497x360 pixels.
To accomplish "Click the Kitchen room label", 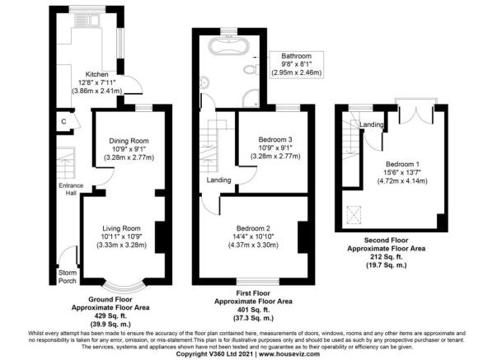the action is click(96, 74).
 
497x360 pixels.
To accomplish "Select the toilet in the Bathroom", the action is click(251, 69).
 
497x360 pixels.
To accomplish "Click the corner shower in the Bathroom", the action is click(251, 97).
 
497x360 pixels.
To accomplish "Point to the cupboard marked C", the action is click(63, 121).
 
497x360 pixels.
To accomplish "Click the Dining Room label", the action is click(129, 141).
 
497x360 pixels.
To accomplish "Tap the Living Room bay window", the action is click(124, 286).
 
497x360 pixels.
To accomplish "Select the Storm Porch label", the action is click(68, 277).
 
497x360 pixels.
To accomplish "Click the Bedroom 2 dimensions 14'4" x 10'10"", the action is click(253, 236).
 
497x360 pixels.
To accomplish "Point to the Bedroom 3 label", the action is click(275, 139).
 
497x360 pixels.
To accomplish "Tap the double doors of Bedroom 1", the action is click(415, 112).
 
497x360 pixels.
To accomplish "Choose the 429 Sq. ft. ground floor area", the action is click(110, 316).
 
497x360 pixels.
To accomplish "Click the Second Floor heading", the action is click(386, 241).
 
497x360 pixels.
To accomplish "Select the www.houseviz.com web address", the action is click(289, 353).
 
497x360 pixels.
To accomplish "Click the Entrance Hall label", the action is click(71, 189).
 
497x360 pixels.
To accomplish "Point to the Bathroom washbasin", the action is click(204, 83).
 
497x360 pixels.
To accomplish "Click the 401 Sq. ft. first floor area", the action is click(253, 310).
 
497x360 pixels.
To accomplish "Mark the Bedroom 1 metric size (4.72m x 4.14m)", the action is click(402, 181).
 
